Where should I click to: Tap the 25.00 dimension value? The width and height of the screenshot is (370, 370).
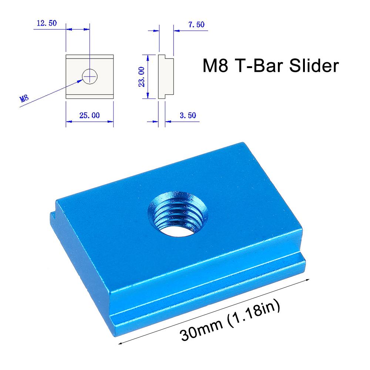[89, 115]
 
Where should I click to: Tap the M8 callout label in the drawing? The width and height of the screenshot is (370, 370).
[24, 98]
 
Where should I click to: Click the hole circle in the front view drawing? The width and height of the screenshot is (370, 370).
[90, 76]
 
